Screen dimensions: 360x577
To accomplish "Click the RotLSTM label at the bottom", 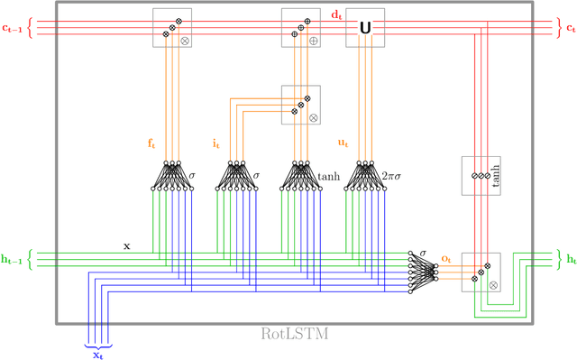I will point(294,334).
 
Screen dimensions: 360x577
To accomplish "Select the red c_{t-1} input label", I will point(12,28).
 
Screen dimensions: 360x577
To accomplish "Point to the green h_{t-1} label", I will point(12,260).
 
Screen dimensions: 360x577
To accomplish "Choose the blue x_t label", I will point(98,355).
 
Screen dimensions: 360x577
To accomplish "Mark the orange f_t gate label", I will point(152,143).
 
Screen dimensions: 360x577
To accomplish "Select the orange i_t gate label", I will point(216,143).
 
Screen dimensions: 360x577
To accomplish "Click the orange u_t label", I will point(343,143).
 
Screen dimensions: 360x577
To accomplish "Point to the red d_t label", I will point(336,14).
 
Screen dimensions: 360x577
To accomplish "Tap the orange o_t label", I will point(445,258).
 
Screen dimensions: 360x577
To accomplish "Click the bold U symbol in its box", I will point(365,29).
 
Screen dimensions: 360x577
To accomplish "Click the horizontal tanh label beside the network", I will point(329,177).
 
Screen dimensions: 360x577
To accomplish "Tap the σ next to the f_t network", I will point(191,177).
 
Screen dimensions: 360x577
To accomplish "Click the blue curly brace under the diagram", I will point(98,343).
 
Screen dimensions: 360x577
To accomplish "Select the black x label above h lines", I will point(126,245).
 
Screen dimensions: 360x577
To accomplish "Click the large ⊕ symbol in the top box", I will point(313,41).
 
